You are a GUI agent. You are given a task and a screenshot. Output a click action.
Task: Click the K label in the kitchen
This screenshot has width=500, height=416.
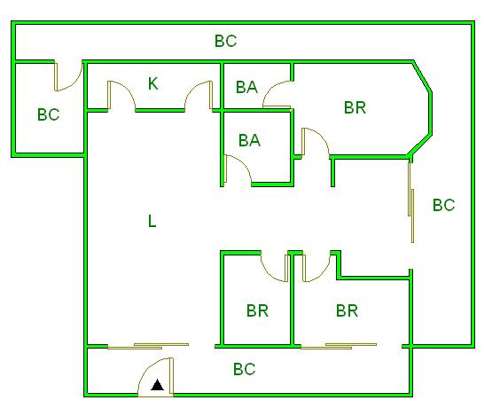tap(153, 83)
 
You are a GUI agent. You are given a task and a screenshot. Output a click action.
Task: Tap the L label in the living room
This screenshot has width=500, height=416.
tap(152, 221)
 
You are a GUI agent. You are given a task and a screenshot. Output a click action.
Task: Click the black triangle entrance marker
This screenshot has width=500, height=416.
tap(157, 385)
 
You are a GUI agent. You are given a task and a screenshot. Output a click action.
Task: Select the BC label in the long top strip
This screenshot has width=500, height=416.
tap(226, 41)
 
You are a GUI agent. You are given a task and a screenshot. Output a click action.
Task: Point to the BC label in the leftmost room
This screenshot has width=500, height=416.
tap(49, 114)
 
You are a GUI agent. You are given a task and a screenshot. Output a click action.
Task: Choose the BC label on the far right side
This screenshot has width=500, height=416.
tap(443, 205)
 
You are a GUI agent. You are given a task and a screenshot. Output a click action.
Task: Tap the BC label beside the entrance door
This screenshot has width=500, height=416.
tap(245, 369)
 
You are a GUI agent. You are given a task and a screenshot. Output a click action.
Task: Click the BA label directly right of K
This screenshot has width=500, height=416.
tap(246, 87)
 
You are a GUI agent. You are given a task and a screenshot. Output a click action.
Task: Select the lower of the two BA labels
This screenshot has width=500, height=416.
tap(250, 140)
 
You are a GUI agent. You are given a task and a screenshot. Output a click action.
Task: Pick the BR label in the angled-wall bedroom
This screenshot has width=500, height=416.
tap(355, 107)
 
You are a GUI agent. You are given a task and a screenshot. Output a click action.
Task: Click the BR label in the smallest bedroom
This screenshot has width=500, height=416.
tap(258, 310)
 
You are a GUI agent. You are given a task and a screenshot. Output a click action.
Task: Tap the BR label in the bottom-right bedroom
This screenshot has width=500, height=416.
tap(347, 310)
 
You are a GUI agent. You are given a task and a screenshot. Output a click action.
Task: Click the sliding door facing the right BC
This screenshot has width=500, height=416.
tap(411, 202)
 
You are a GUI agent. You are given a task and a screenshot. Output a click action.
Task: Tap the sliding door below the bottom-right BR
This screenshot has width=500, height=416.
tap(339, 346)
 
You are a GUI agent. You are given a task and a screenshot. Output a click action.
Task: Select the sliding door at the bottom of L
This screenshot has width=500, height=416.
tap(148, 346)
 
